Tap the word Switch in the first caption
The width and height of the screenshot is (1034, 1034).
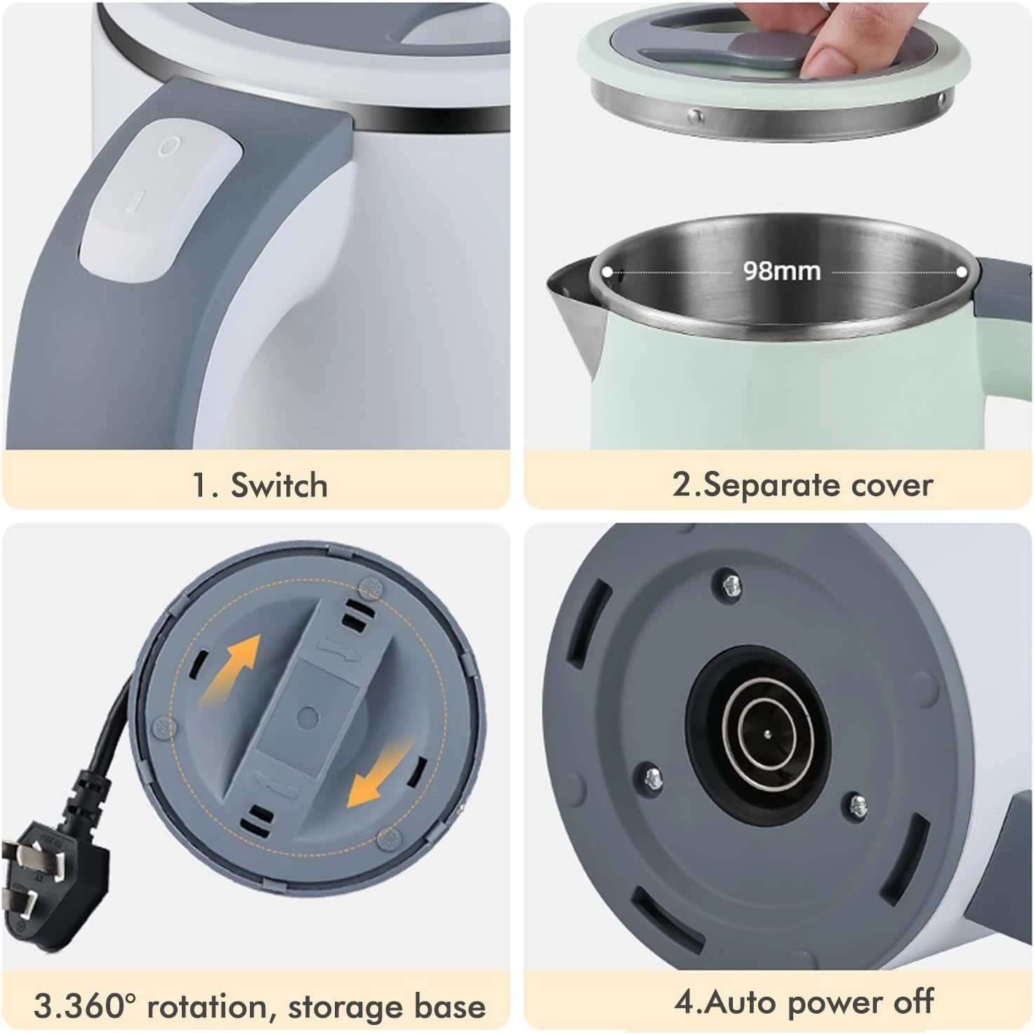click(x=279, y=485)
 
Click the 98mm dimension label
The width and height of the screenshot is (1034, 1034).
click(x=782, y=271)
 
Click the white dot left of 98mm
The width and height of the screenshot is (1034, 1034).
click(x=607, y=272)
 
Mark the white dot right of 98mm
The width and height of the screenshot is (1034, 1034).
click(x=962, y=272)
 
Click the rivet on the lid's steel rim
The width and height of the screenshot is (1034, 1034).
click(x=696, y=114)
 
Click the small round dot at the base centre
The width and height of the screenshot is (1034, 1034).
click(x=307, y=716)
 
